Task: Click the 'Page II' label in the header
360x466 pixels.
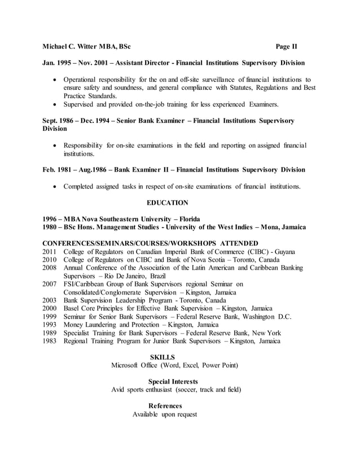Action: pos(290,46)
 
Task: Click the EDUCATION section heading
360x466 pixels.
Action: pos(168,202)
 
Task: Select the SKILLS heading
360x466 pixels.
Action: pos(164,357)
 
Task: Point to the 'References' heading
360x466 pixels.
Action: pos(165,406)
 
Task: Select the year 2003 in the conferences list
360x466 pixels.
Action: pos(50,301)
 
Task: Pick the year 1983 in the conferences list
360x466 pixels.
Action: pos(50,341)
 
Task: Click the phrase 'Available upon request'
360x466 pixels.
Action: pos(165,414)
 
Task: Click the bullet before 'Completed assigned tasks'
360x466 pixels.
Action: pos(56,187)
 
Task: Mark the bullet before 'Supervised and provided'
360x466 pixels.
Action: pos(56,104)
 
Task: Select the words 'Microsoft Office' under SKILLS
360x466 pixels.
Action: pos(136,366)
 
